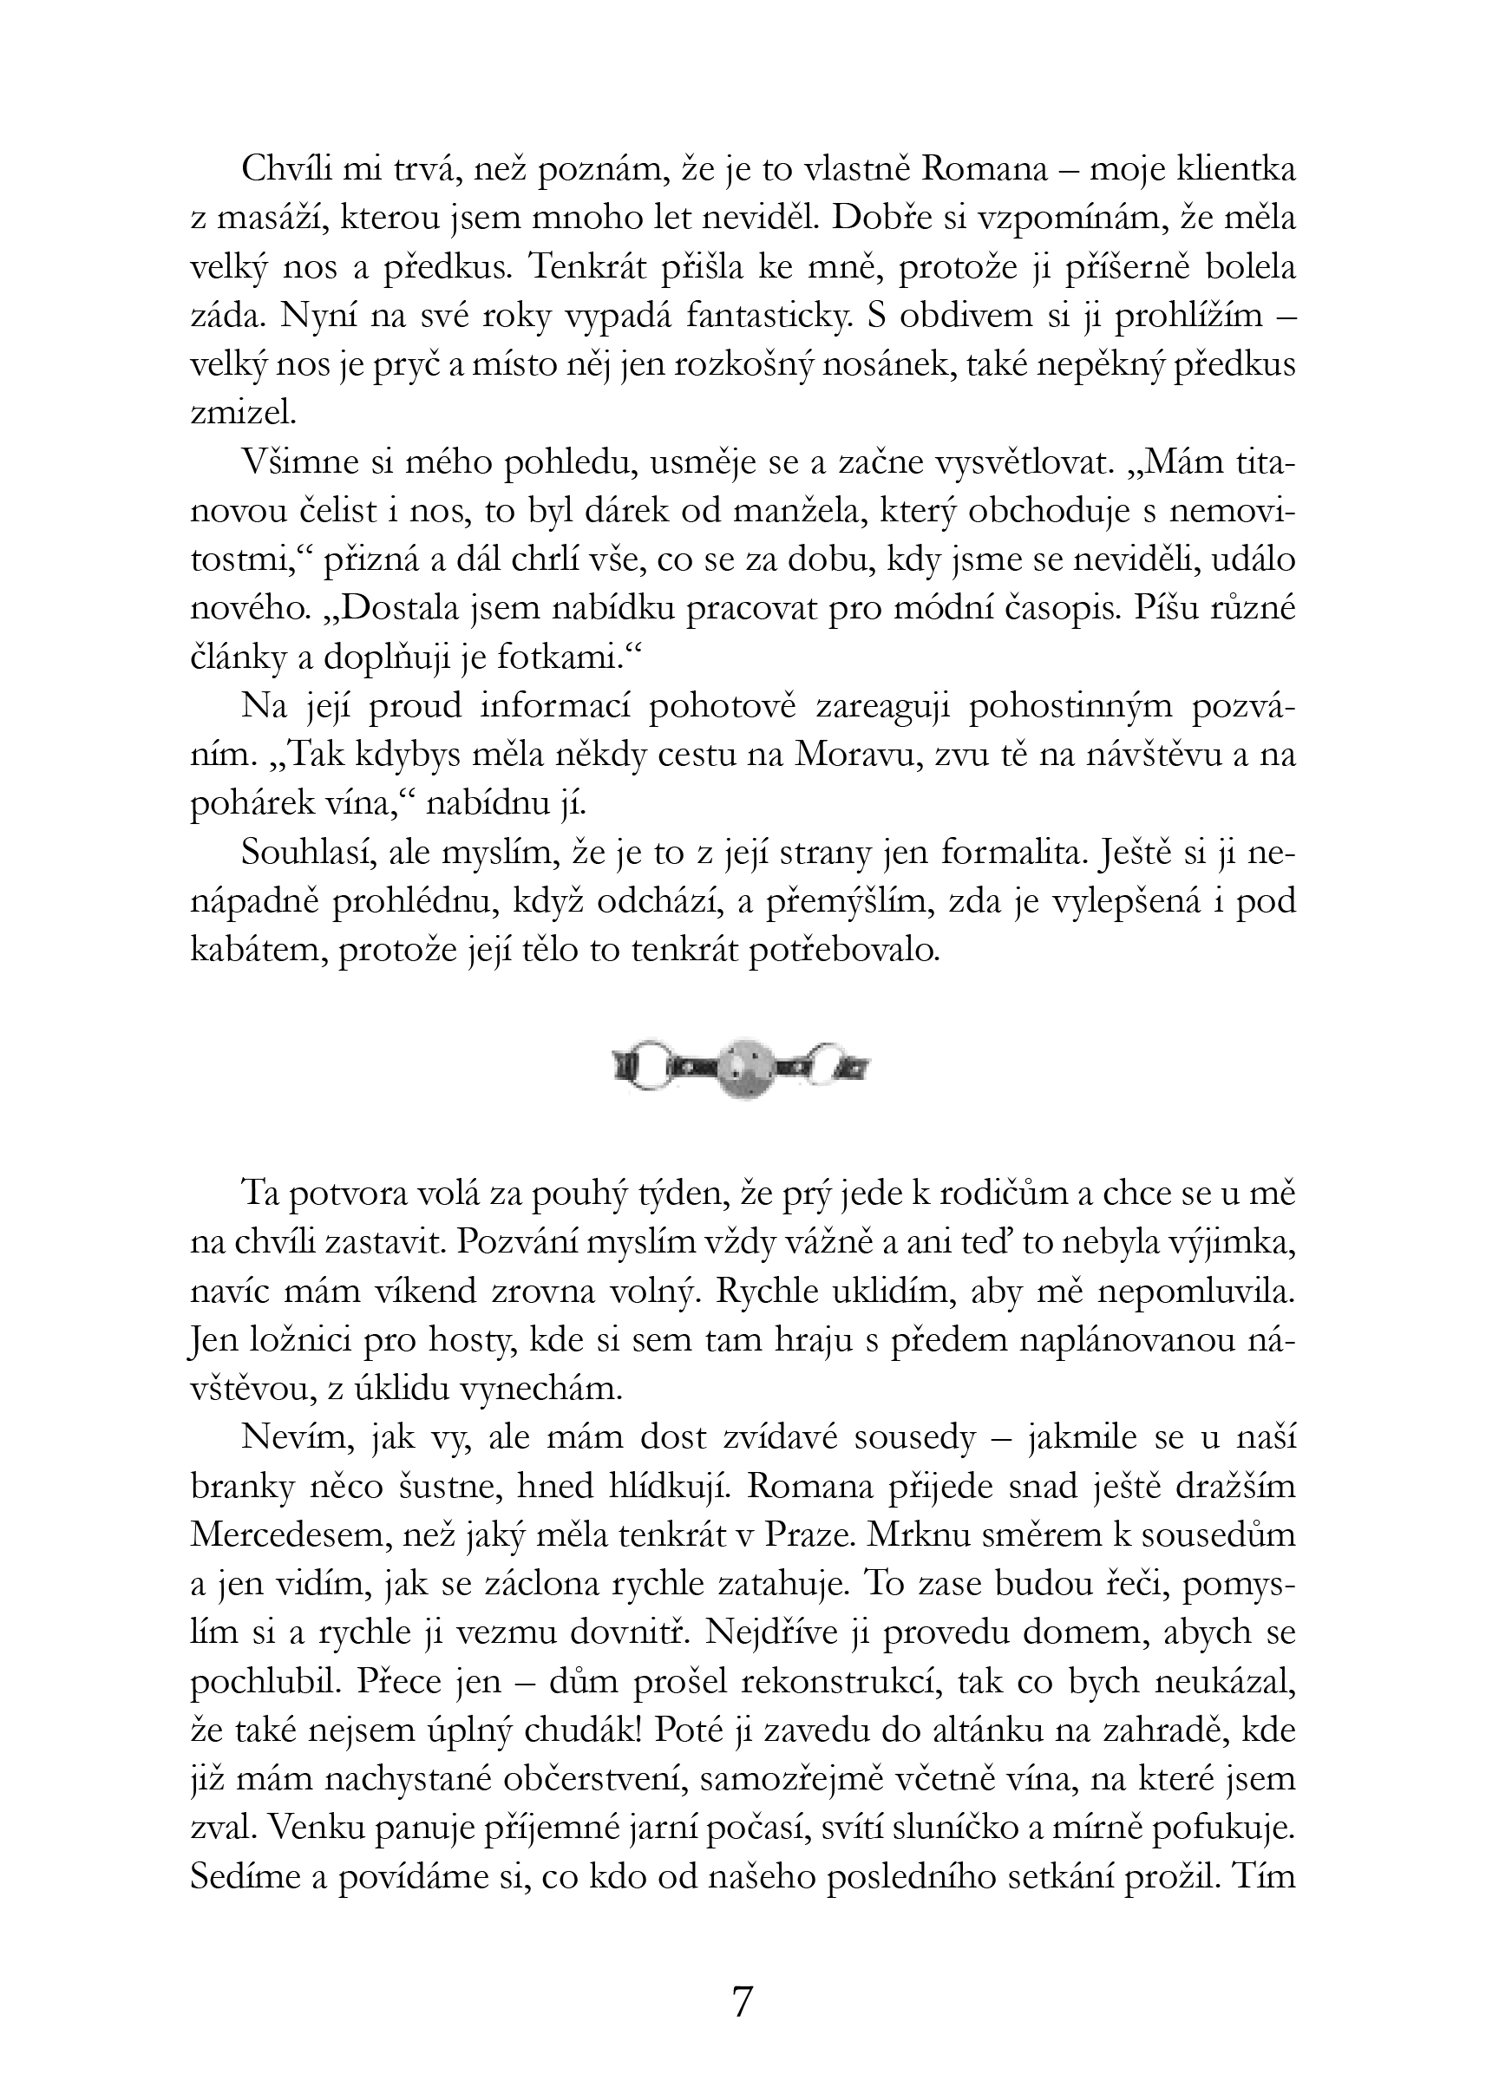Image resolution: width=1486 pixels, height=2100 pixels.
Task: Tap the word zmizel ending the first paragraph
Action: [241, 414]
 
